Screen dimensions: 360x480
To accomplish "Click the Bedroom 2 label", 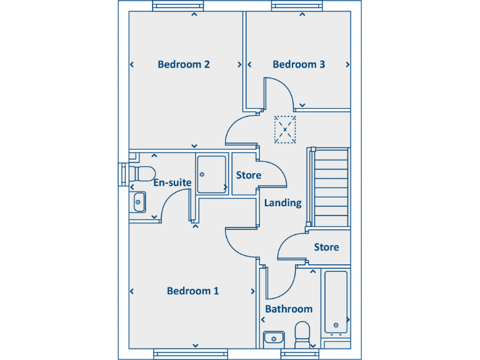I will click(183, 64).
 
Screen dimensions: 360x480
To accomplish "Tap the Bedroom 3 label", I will click(299, 64).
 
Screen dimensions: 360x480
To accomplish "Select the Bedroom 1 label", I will click(192, 291).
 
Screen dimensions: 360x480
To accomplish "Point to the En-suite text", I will click(172, 182).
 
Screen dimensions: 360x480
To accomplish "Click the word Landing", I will click(282, 202).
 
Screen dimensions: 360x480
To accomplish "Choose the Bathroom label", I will click(289, 309).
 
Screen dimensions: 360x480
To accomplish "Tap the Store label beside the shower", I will click(248, 175).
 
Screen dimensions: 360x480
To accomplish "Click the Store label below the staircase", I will click(326, 247).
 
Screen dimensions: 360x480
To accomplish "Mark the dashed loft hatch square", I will click(285, 130).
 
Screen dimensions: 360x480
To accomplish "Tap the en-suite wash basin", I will click(139, 201).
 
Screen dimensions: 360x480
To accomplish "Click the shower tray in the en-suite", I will click(211, 174).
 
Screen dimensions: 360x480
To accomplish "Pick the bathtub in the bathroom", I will click(336, 303).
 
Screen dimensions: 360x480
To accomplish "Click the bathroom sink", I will click(273, 338).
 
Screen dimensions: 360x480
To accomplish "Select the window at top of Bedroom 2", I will click(172, 6).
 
